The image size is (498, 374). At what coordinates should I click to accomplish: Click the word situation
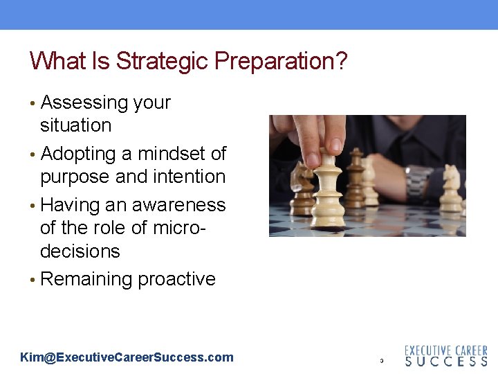(x=75, y=125)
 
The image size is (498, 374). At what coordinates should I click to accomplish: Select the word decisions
(x=80, y=251)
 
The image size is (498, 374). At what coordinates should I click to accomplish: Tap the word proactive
(x=176, y=279)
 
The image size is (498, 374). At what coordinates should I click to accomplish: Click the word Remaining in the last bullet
(x=87, y=279)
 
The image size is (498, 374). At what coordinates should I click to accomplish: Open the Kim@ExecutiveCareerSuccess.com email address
(x=127, y=357)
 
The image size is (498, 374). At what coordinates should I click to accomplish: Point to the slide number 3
(x=381, y=361)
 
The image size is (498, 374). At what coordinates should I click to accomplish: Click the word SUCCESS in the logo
(x=445, y=361)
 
